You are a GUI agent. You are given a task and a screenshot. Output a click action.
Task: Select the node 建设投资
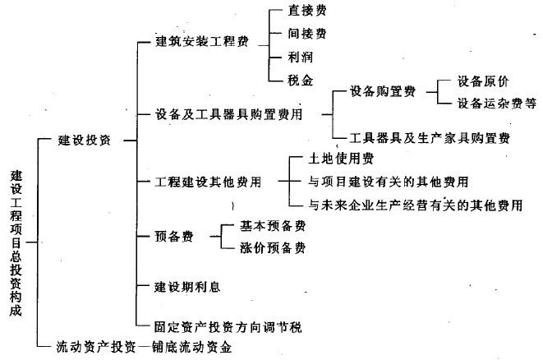tap(85, 140)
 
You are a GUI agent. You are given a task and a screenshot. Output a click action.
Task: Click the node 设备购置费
tap(383, 91)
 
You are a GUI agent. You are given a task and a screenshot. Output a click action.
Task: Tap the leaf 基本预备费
tap(273, 225)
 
